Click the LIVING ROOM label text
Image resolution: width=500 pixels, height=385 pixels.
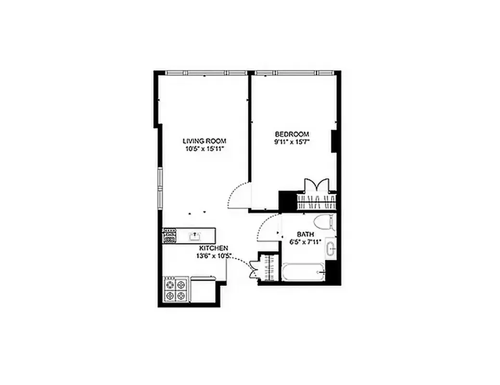pos(204,141)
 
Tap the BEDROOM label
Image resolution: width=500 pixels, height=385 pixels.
pos(292,134)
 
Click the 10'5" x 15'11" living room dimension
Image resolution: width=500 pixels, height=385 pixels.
pos(204,149)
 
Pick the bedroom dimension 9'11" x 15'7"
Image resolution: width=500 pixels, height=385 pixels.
pos(292,141)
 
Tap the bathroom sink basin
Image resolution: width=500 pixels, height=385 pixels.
pos(331,249)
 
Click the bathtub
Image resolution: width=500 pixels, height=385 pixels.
pos(303,273)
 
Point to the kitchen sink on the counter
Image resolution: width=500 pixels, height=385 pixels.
pos(196,235)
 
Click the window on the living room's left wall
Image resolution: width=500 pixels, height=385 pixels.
pos(161,187)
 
